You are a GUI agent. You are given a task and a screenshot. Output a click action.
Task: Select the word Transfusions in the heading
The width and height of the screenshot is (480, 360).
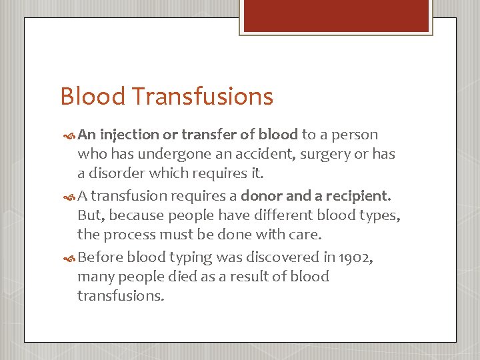point(202,97)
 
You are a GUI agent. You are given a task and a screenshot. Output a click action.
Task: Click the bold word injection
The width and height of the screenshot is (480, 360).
point(130,135)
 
